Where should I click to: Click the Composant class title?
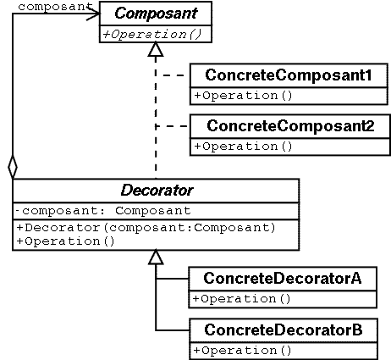pyautogui.click(x=156, y=14)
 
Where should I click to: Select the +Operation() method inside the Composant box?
pyautogui.click(x=152, y=35)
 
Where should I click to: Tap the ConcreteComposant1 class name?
pyautogui.click(x=289, y=75)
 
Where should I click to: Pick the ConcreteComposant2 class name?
pyautogui.click(x=290, y=125)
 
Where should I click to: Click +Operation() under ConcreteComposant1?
pyautogui.click(x=243, y=96)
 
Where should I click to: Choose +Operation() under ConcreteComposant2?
pyautogui.click(x=243, y=147)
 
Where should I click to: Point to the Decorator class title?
pyautogui.click(x=157, y=191)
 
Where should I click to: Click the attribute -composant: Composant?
pyautogui.click(x=103, y=211)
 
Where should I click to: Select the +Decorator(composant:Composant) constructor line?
pyautogui.click(x=146, y=228)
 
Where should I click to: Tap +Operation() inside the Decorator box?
pyautogui.click(x=65, y=241)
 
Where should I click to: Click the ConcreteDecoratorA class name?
pyautogui.click(x=283, y=278)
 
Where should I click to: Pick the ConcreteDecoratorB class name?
pyautogui.click(x=284, y=330)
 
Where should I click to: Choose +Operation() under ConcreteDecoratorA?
pyautogui.click(x=241, y=299)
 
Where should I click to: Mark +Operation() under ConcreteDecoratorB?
pyautogui.click(x=242, y=351)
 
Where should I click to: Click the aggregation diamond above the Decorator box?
pyautogui.click(x=13, y=167)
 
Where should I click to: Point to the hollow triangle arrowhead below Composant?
pyautogui.click(x=156, y=50)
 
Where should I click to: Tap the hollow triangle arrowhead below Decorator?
pyautogui.click(x=156, y=258)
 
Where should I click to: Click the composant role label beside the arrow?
pyautogui.click(x=55, y=7)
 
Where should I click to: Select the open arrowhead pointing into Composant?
pyautogui.click(x=93, y=13)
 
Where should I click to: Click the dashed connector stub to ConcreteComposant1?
pyautogui.click(x=173, y=75)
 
